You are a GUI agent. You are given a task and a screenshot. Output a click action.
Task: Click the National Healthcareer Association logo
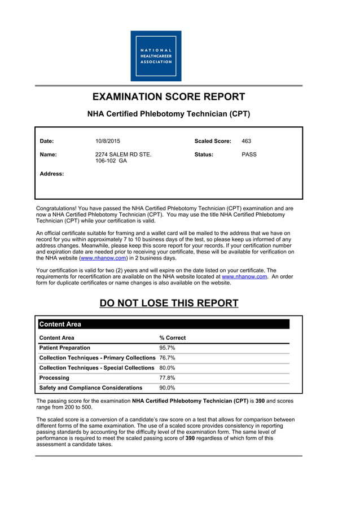tap(156, 56)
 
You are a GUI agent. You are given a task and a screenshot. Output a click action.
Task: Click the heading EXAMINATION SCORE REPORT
tap(169, 97)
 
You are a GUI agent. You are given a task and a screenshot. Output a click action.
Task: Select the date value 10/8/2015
tap(108, 141)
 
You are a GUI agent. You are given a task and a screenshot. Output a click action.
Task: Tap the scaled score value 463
tap(247, 141)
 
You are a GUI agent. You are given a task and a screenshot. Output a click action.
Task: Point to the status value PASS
tap(249, 154)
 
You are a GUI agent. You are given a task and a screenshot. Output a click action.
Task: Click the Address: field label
tap(51, 174)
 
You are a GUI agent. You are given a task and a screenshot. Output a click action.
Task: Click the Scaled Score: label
tap(213, 141)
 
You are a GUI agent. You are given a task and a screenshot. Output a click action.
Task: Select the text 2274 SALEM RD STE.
tap(123, 154)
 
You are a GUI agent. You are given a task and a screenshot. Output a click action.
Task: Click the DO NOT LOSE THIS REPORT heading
tap(169, 303)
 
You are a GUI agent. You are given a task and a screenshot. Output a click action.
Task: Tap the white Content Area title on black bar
tap(60, 324)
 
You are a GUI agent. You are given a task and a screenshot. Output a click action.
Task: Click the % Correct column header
tap(172, 338)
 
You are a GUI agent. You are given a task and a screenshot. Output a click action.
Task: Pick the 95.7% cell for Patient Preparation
tap(167, 348)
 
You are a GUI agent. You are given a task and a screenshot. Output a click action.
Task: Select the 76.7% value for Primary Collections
tap(167, 358)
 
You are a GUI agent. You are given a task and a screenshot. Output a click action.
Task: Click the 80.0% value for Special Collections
tap(167, 368)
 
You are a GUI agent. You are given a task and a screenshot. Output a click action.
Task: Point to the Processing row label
tap(54, 378)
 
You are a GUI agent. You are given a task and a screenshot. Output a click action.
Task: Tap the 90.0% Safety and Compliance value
tap(167, 388)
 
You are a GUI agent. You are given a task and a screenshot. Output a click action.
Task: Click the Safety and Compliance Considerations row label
tap(90, 388)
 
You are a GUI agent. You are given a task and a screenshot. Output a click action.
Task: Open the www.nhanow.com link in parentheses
tap(103, 258)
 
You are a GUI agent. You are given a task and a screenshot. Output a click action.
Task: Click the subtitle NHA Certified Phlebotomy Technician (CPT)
tap(169, 114)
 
